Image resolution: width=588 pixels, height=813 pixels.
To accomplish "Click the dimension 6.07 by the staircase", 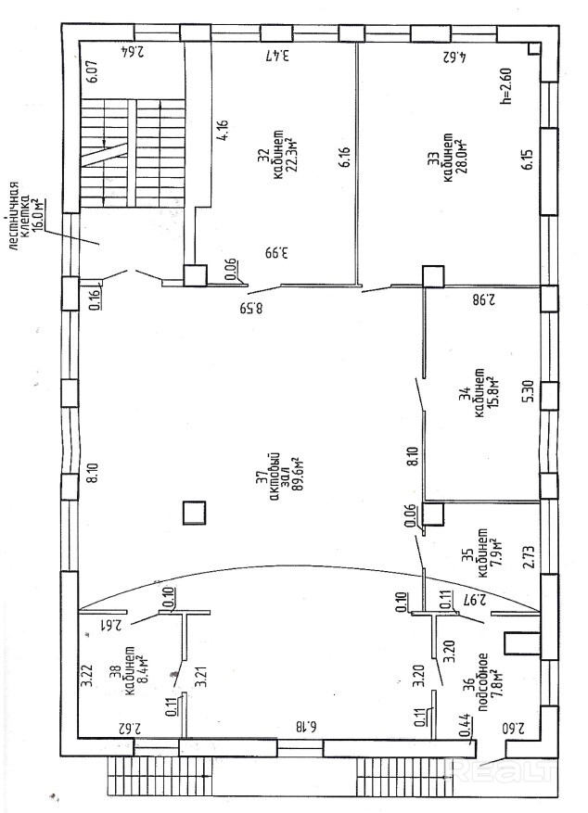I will click(x=92, y=71).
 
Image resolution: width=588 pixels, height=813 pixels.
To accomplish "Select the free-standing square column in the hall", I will click(x=194, y=513).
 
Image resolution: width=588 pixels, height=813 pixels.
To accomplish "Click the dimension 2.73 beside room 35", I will click(x=529, y=554).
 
